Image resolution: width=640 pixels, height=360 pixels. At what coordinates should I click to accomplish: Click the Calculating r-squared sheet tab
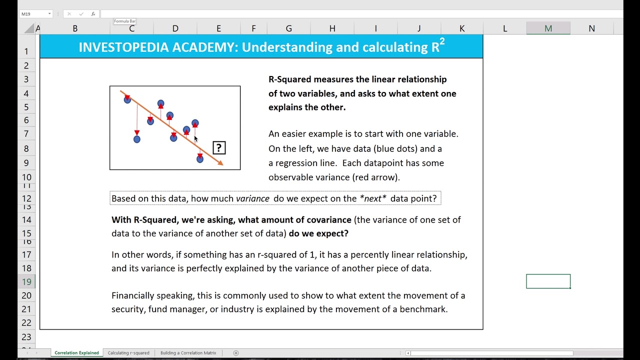(x=128, y=353)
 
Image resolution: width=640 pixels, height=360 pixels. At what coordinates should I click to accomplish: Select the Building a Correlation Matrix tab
(x=188, y=353)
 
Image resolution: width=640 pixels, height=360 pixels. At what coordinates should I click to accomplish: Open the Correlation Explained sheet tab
(x=76, y=353)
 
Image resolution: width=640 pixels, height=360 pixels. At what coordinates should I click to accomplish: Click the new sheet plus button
(x=236, y=353)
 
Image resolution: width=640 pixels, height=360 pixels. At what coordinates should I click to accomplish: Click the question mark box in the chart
(x=219, y=148)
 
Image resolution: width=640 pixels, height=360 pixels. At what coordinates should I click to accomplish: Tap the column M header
(x=548, y=28)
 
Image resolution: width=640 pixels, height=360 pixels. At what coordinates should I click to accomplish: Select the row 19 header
(x=26, y=281)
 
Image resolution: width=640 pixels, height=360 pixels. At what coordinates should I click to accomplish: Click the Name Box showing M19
(x=36, y=13)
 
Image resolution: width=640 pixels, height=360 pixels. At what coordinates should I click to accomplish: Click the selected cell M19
(x=548, y=281)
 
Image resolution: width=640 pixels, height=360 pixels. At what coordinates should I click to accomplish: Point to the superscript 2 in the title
(x=442, y=41)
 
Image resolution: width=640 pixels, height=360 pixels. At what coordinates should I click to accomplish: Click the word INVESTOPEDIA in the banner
(x=123, y=47)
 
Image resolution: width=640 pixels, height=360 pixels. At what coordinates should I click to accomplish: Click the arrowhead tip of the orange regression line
(x=222, y=165)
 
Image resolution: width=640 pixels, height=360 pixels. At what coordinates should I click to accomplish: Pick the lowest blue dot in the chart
(x=200, y=159)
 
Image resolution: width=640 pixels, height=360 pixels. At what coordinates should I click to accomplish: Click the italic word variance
(x=252, y=198)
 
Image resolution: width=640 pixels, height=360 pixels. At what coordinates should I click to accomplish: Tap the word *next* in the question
(x=373, y=198)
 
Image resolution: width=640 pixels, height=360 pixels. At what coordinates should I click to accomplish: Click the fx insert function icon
(x=93, y=13)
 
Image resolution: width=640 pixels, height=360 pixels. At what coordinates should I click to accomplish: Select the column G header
(x=289, y=28)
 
